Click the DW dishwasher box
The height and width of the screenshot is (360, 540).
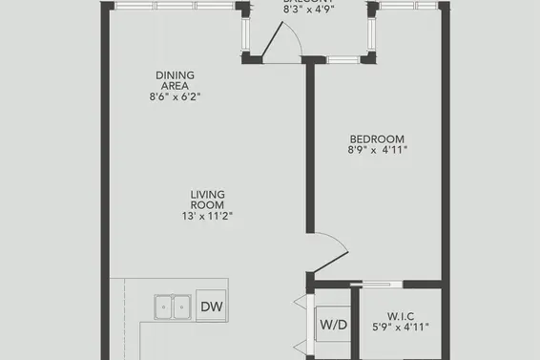click(211, 307)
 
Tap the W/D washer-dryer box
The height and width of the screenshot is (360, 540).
click(332, 324)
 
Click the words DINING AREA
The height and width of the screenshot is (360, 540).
click(175, 79)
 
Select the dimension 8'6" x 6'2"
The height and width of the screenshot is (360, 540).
click(175, 96)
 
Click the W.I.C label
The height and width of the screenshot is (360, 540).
click(400, 315)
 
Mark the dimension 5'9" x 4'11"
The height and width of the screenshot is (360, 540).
click(400, 328)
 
